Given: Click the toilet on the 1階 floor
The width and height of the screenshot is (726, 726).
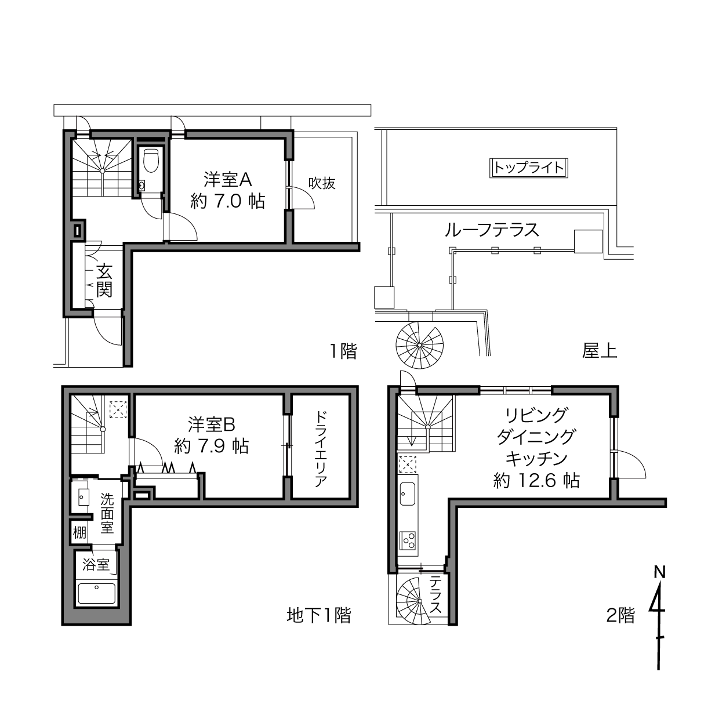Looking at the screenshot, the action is (152, 161).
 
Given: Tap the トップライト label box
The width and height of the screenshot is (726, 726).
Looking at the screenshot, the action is (529, 168).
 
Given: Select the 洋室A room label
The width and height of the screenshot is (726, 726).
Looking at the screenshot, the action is (228, 180).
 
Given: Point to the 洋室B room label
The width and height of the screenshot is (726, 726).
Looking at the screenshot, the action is (212, 425).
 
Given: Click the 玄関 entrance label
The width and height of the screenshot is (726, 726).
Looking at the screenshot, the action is (104, 281).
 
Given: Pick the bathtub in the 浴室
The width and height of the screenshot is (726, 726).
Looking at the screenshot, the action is (96, 593).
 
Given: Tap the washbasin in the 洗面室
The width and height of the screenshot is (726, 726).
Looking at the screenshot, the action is (84, 498).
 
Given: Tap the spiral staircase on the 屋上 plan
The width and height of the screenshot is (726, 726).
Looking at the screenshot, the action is (420, 345).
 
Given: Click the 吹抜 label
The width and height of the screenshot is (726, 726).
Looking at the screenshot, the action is (322, 183).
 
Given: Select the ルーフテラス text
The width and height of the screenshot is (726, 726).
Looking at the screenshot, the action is (492, 230).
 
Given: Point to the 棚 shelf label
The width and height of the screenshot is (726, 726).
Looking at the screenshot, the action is (79, 533).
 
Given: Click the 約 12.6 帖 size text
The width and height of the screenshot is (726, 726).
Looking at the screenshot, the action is (536, 481).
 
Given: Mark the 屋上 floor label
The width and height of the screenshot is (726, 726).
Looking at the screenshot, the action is (600, 351).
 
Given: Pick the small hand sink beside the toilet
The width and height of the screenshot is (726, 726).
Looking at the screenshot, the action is (142, 186).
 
